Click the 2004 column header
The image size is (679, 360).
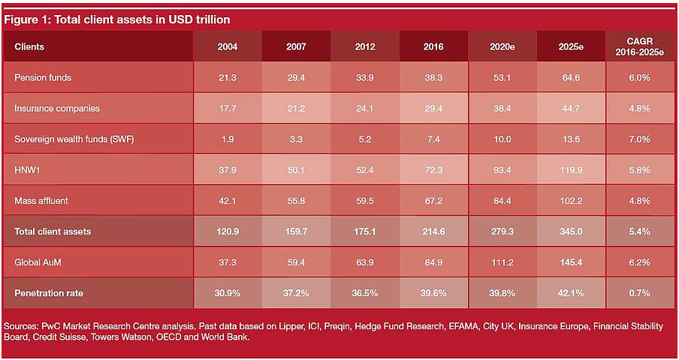pos(228,47)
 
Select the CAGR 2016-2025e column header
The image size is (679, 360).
pos(639,47)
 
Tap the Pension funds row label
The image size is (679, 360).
pos(43,77)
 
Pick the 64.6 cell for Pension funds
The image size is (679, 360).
pos(570,77)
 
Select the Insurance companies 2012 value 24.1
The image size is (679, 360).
pos(365,108)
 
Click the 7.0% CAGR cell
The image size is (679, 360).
pos(639,139)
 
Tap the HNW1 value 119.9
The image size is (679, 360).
pos(570,170)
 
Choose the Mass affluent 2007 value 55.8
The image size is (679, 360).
pos(296,201)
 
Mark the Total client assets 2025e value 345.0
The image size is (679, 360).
pos(570,231)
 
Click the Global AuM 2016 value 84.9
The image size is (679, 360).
pos(433,262)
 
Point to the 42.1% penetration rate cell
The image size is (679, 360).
pos(570,292)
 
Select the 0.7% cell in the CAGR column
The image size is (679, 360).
pos(639,292)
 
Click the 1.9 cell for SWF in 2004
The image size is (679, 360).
pos(228,139)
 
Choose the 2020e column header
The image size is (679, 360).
pos(502,47)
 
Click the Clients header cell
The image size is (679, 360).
pos(29,47)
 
